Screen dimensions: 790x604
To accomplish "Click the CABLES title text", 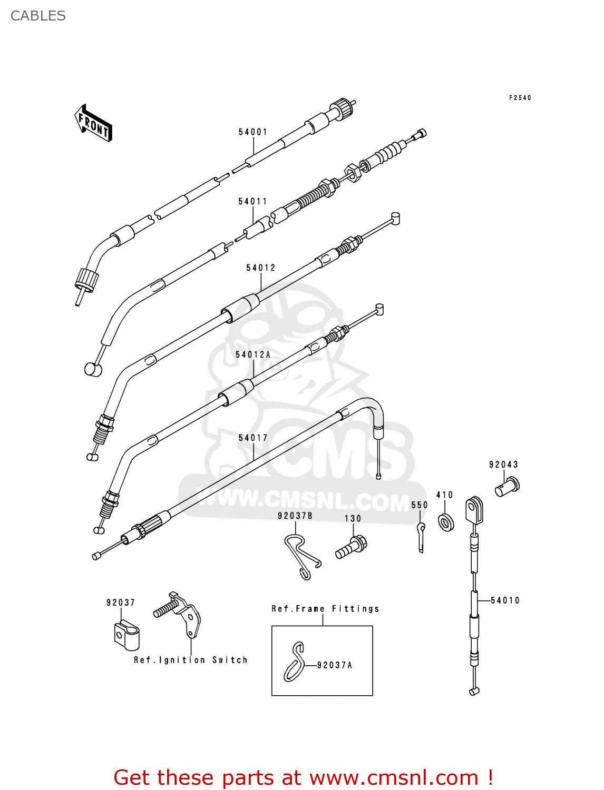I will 38,16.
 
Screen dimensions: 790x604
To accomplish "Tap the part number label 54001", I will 253,132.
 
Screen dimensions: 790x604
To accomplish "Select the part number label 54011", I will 253,202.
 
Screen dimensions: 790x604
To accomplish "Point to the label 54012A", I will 253,355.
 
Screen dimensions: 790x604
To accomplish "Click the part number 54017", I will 253,438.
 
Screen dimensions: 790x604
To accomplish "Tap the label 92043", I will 503,465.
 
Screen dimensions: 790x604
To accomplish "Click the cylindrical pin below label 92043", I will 507,487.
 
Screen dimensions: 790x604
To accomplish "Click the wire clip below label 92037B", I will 302,556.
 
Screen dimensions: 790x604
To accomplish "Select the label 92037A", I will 334,666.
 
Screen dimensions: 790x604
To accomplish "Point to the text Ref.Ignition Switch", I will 190,660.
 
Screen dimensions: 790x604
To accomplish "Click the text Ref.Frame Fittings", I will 325,609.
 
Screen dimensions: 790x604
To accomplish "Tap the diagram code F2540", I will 520,98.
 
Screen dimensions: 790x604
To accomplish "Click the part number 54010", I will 505,600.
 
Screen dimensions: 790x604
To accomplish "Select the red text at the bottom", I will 303,777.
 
